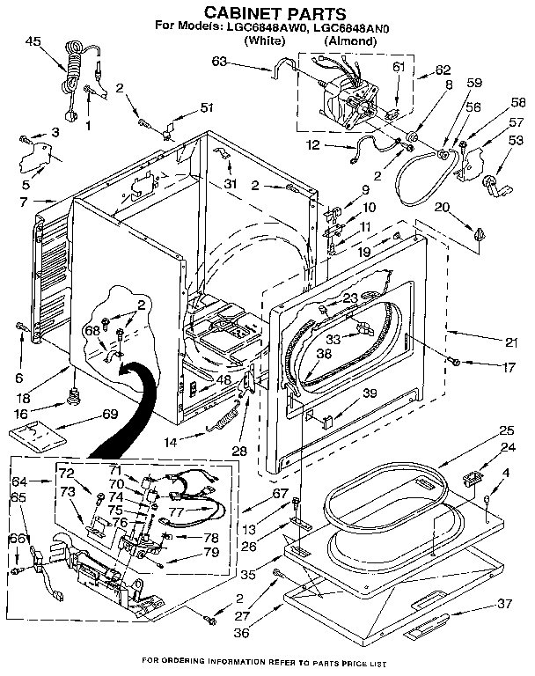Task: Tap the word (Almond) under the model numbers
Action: coord(352,40)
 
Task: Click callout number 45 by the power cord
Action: coord(33,41)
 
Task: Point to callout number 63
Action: coord(219,61)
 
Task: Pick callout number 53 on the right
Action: coord(516,140)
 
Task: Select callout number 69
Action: coord(110,414)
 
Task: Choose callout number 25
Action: coord(506,430)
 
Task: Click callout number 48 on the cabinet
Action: coord(224,379)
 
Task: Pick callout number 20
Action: coord(442,207)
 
